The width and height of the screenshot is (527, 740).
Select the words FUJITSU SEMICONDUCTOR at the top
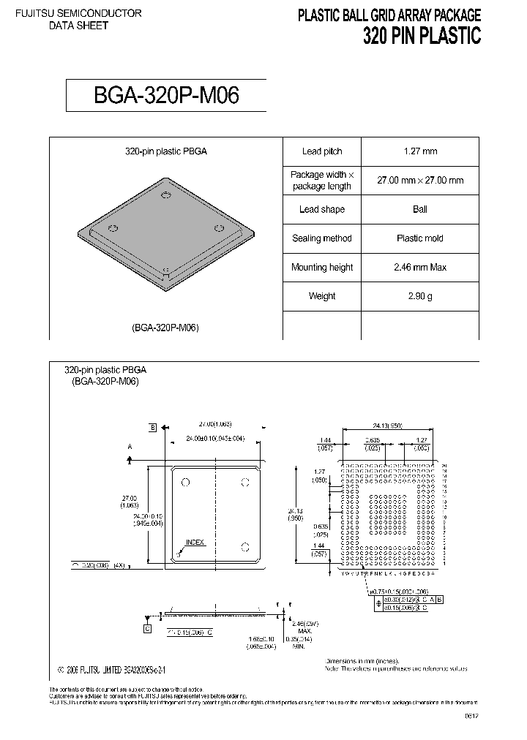tap(78, 14)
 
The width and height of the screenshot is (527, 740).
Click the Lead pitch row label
tap(322, 151)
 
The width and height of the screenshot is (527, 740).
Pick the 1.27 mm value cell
tap(420, 151)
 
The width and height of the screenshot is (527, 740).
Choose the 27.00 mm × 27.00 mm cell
tap(420, 180)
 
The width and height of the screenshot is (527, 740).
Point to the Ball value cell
tap(420, 209)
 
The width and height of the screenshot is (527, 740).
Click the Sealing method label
tap(322, 238)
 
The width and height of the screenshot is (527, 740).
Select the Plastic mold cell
tap(420, 238)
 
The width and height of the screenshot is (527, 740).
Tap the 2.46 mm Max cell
tap(420, 268)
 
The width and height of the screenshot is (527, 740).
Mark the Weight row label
tap(322, 296)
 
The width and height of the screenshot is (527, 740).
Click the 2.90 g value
tap(420, 296)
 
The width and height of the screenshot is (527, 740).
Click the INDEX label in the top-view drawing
tap(195, 543)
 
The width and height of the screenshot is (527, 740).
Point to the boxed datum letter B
tap(153, 427)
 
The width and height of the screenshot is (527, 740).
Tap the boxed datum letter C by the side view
tap(147, 628)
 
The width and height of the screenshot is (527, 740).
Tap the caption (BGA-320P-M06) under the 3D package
tap(166, 328)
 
